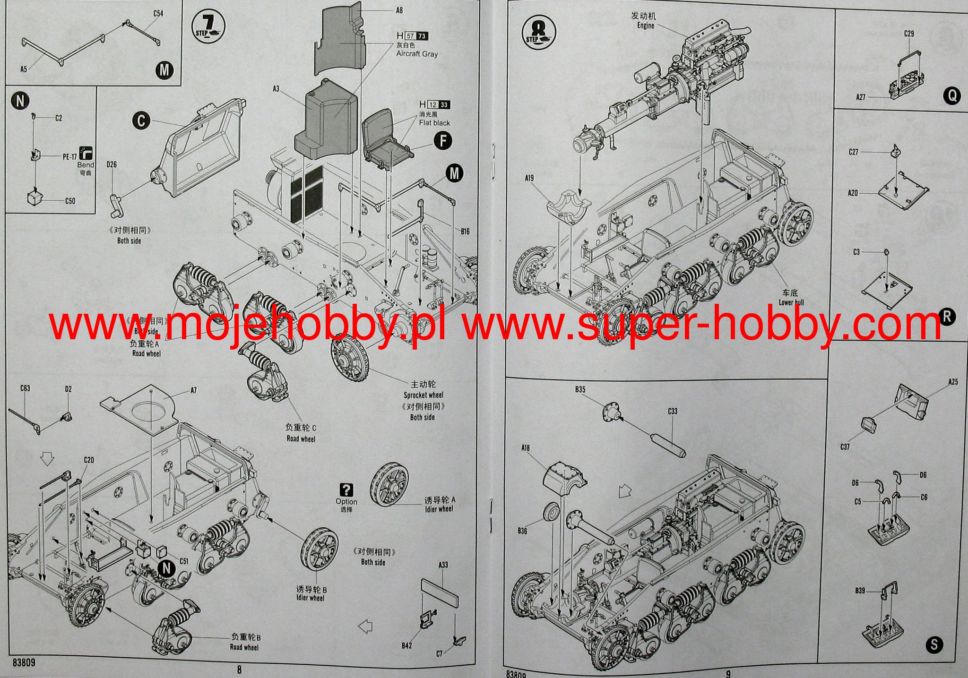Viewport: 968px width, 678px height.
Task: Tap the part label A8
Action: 399,10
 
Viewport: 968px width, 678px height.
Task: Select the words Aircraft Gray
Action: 417,54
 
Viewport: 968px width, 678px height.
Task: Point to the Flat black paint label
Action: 434,123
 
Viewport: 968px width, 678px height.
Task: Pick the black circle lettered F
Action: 443,141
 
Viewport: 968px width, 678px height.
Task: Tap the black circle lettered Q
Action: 951,96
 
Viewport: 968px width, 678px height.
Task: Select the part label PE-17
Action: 69,157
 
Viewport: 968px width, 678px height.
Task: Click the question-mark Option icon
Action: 346,490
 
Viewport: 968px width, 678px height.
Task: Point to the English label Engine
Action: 645,26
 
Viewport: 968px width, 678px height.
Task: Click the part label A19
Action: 529,178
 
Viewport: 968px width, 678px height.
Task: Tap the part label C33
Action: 672,411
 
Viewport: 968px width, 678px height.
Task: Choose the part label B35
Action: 580,390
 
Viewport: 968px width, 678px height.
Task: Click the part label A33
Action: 443,565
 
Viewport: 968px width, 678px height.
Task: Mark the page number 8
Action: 239,669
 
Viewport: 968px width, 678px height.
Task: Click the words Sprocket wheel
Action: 423,395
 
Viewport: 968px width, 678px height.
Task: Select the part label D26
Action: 112,164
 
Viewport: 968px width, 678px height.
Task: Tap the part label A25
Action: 953,381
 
